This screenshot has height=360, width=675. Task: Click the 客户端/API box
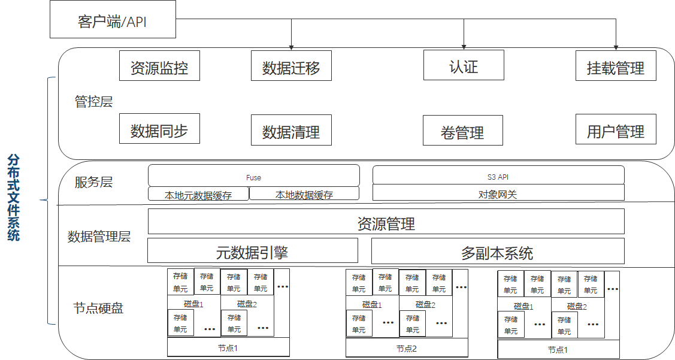(x=113, y=22)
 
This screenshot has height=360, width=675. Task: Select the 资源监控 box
(x=159, y=66)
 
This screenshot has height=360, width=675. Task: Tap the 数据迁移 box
(x=291, y=66)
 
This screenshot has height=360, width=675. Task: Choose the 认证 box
(x=464, y=65)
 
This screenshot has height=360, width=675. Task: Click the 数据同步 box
(x=159, y=130)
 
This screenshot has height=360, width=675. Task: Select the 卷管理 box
(x=462, y=131)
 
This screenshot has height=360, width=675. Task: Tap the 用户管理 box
(x=616, y=129)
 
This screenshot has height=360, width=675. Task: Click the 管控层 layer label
(x=93, y=101)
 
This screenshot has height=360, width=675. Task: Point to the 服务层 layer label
(x=93, y=182)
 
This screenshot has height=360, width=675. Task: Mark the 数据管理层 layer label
(x=99, y=237)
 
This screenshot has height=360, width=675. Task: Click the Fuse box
(x=254, y=176)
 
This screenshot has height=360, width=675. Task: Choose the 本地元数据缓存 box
(x=198, y=194)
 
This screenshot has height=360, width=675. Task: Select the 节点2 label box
(x=406, y=348)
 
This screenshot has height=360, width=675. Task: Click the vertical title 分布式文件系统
(x=14, y=197)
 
